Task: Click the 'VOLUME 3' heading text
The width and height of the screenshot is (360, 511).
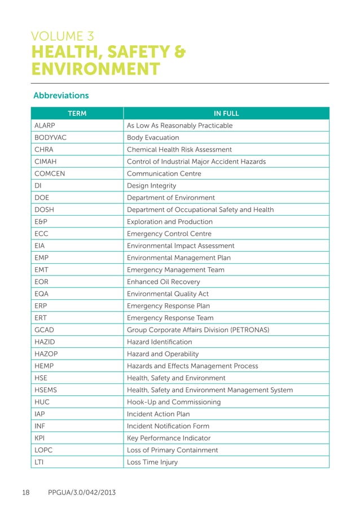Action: (63, 37)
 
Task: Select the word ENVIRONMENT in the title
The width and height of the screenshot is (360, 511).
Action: (96, 70)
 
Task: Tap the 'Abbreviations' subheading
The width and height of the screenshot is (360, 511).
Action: (61, 95)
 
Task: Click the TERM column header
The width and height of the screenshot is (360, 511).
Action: (77, 113)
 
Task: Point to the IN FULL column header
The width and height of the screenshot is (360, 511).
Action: (226, 113)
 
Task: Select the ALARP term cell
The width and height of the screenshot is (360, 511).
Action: (45, 125)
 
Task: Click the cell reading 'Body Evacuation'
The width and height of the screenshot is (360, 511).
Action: (153, 138)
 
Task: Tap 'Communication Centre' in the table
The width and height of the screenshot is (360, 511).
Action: (164, 174)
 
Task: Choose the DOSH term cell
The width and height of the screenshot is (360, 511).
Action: (44, 209)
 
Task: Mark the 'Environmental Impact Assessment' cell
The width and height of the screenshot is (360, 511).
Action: (181, 246)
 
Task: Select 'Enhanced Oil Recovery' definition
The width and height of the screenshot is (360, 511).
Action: (163, 282)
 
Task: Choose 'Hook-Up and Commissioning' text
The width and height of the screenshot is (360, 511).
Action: (174, 402)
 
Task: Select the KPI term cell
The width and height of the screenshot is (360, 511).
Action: (40, 438)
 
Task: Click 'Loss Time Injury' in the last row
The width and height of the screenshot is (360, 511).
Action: (152, 462)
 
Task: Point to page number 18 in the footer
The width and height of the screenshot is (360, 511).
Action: (25, 493)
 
